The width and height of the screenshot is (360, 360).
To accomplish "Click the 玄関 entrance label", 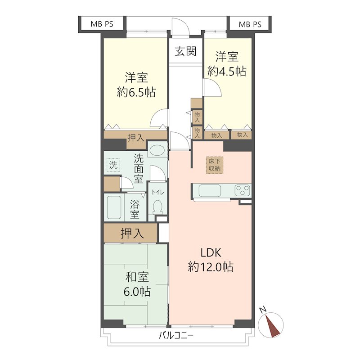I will pos(185,51).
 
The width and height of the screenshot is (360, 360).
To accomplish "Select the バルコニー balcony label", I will pos(176,335).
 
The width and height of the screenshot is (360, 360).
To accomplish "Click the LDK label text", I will pos(210,252).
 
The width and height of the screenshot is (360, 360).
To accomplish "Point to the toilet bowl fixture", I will pos(157,207).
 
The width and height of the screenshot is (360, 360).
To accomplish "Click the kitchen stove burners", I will pos(242,190).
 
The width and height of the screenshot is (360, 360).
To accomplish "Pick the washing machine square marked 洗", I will pos(113,165).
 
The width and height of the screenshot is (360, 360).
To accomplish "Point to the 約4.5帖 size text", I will pos(227,71).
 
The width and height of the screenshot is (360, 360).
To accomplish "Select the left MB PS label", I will pos(101,24).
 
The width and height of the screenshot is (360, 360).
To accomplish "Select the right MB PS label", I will pos(250,24).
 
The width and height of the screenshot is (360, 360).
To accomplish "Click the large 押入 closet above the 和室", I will pos(131,233).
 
